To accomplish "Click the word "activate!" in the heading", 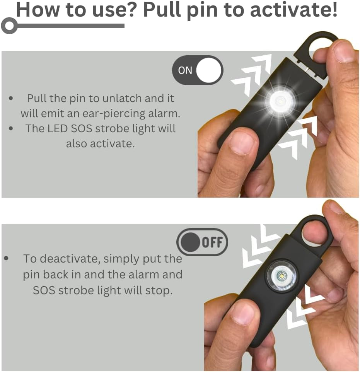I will tap(294, 10).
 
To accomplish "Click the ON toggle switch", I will tap(198, 70).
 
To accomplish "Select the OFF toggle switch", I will tap(202, 242).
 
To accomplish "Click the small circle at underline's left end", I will tap(9, 27).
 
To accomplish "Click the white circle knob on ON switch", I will tap(209, 70).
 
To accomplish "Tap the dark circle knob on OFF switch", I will tap(190, 242).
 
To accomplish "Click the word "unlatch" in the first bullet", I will tap(121, 99).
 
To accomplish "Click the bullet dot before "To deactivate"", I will tap(6, 258).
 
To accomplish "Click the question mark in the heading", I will tap(131, 10).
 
